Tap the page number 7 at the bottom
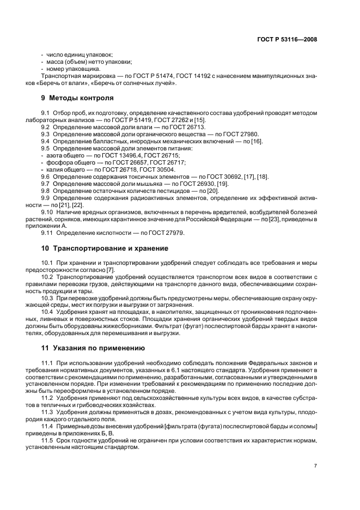[x=315, y=465]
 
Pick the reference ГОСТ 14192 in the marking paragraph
[x=193, y=76]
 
